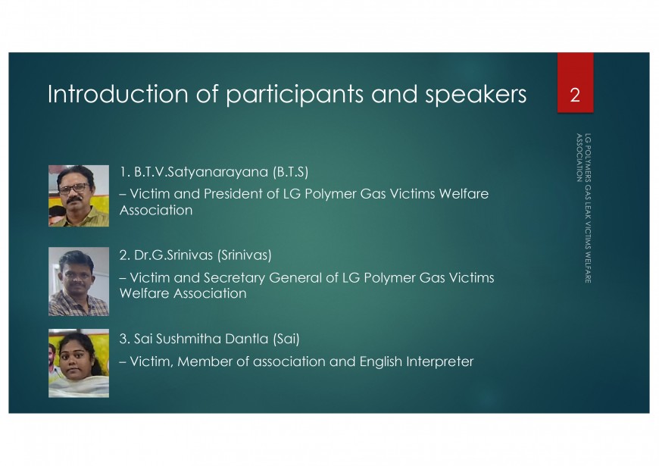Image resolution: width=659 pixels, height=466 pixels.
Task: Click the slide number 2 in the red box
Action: click(x=575, y=95)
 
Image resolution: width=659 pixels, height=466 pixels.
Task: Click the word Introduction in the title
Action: click(x=117, y=94)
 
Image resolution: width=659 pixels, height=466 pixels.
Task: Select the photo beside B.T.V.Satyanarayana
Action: click(x=79, y=196)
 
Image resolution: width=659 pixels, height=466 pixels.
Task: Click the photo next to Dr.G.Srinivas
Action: click(x=79, y=281)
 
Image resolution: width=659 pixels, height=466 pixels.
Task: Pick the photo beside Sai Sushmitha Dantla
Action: click(x=79, y=364)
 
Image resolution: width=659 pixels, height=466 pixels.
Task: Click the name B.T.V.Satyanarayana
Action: click(x=201, y=172)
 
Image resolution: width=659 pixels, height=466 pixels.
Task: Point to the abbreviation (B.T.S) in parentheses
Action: click(x=290, y=171)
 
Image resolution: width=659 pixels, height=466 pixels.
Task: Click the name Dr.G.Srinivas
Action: click(x=173, y=255)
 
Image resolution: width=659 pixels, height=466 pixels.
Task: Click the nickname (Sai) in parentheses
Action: click(x=286, y=339)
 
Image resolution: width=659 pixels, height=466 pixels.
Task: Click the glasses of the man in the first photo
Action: click(x=74, y=189)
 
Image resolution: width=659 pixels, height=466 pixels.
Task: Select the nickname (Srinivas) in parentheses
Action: click(x=245, y=255)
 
